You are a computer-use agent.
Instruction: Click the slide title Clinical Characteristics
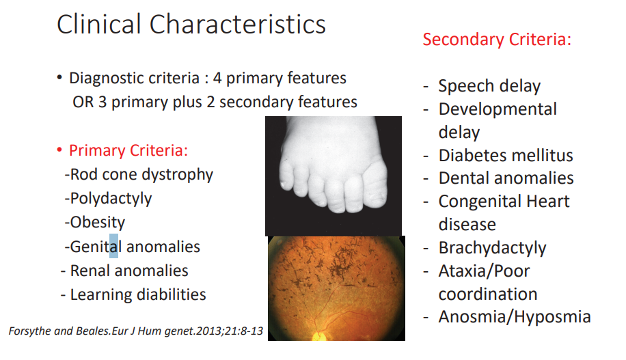coord(191,24)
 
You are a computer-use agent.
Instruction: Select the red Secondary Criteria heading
coord(497,40)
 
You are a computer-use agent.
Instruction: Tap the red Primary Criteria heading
coord(128,150)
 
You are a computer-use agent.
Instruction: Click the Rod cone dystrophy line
coord(139,175)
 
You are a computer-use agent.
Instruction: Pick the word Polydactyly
coord(111,199)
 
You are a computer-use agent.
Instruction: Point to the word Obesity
coord(98,222)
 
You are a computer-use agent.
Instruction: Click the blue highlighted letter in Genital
coord(113,246)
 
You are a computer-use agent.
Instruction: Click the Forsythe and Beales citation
coord(136,331)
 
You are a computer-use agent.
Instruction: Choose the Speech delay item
coord(489,86)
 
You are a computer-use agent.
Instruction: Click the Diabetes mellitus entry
coord(506,155)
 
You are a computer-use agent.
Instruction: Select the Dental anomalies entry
coord(506,178)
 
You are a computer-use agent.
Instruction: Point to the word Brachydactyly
coord(492,248)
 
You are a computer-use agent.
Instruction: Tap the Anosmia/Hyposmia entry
coord(515,317)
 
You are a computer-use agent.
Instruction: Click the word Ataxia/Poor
coord(485,271)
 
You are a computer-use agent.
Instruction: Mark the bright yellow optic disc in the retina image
coord(319,336)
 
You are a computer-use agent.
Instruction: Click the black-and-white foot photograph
coord(334,176)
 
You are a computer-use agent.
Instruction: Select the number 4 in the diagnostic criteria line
coord(217,79)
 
